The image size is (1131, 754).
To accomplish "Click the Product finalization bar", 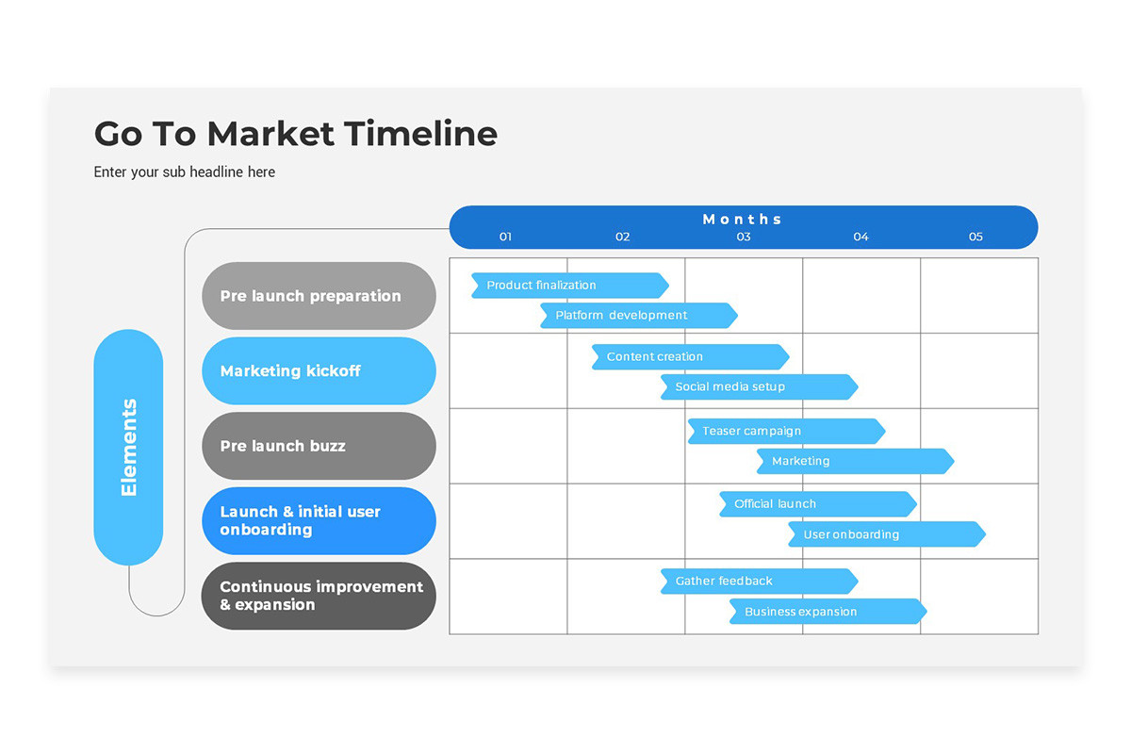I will [x=570, y=286].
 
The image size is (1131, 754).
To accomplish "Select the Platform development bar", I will [x=638, y=316].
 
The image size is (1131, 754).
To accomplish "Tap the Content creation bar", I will [x=690, y=357].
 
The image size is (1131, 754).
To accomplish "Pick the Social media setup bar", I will [x=759, y=387].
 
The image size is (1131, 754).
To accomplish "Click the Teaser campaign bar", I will [x=786, y=432].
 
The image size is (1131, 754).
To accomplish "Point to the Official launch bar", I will [x=817, y=504].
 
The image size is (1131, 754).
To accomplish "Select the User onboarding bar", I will [x=886, y=534].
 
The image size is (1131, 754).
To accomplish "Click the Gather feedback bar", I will [x=759, y=582].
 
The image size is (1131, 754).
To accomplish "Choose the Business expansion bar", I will [x=828, y=612].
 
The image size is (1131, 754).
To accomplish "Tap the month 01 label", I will [x=505, y=237].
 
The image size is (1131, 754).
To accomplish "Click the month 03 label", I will [x=744, y=237].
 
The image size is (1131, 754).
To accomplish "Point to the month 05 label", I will [x=975, y=237].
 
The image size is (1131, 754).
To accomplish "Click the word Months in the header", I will [x=743, y=219].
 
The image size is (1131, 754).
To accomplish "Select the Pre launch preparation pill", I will [x=319, y=296].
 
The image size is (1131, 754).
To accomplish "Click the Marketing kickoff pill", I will [x=319, y=371].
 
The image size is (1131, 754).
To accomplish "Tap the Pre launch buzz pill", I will [x=319, y=446].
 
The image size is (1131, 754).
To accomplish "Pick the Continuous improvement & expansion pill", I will [x=319, y=596].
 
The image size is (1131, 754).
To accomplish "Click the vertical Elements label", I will [x=129, y=448].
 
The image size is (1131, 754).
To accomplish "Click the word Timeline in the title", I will [x=420, y=134].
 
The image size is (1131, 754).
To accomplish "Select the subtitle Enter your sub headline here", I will [x=185, y=172].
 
